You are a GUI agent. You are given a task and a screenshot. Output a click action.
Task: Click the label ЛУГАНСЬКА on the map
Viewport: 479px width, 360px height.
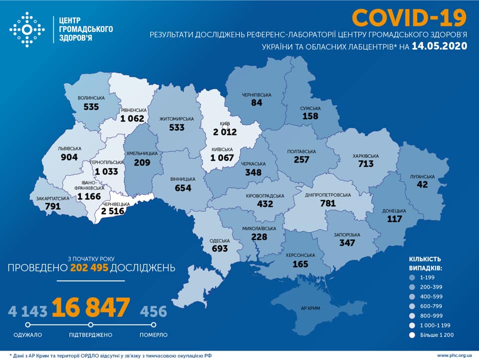[x=423, y=177]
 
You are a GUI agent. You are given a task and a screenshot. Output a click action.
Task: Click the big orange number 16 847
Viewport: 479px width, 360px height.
[x=91, y=308]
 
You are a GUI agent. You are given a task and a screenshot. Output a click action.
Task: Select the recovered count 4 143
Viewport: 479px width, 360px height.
[x=27, y=312]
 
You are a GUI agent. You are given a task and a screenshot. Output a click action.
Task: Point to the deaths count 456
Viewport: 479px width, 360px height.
[x=153, y=312]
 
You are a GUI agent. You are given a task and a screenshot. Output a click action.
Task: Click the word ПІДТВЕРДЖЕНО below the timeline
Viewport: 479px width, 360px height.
[x=91, y=335]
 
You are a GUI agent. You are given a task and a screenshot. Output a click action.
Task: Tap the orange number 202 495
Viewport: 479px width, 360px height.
[x=89, y=268]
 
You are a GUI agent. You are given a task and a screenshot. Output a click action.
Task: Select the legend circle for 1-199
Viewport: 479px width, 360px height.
[x=413, y=277]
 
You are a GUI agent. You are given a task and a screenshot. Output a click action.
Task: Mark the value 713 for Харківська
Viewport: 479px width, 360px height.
[x=365, y=164]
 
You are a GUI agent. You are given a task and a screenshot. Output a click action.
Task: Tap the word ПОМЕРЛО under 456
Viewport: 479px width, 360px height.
[x=153, y=335]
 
